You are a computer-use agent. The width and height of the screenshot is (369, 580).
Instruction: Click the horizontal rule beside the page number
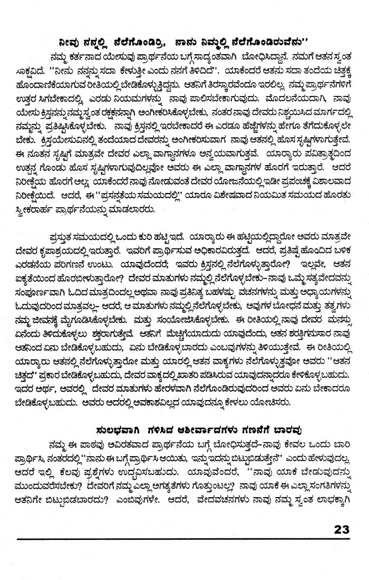169,539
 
